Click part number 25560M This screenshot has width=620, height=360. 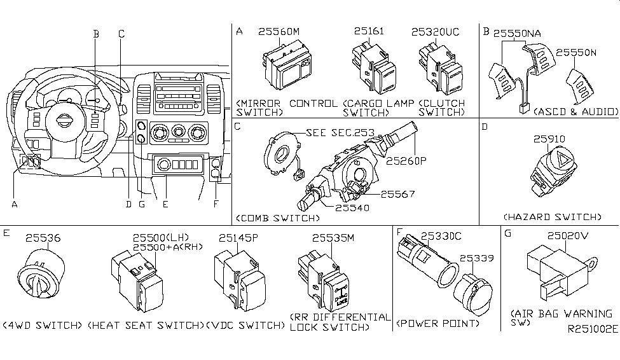[284, 31]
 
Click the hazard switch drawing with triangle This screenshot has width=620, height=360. [551, 167]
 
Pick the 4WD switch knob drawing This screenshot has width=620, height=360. [40, 277]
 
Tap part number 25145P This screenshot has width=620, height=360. [238, 238]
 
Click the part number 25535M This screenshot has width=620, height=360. [333, 238]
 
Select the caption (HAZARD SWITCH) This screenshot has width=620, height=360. [551, 217]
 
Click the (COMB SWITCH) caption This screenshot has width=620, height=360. [277, 218]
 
